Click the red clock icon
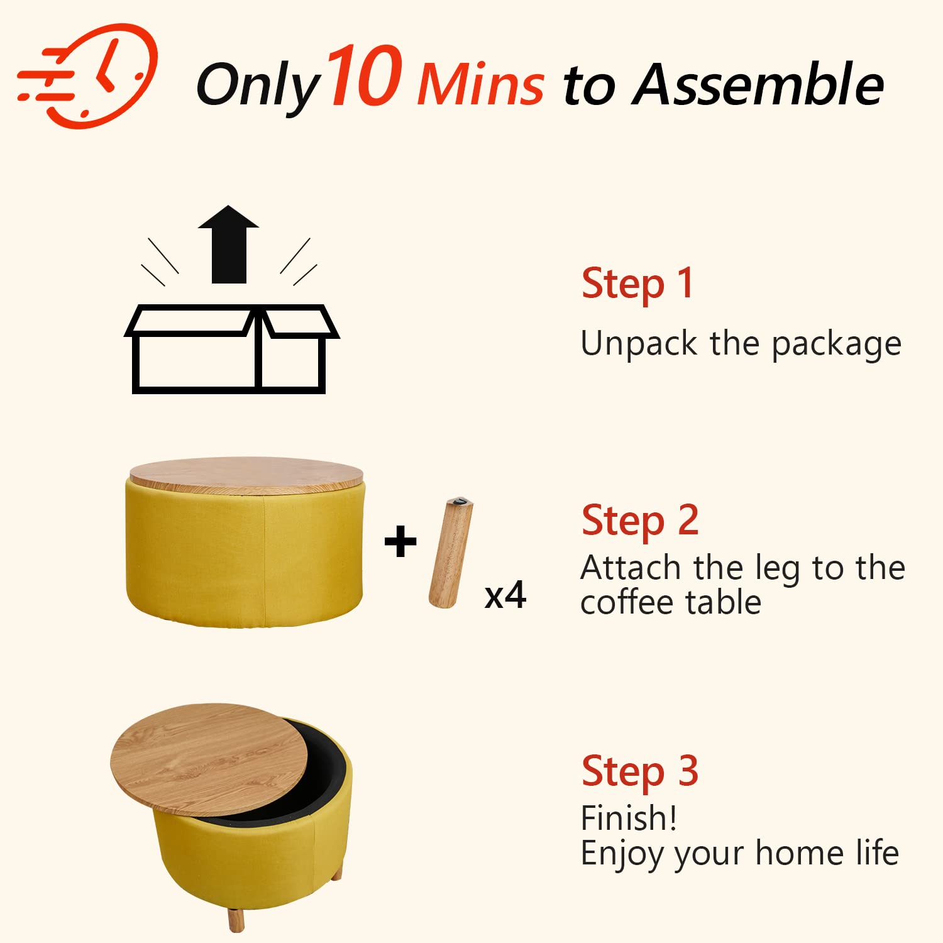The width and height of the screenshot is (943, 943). pyautogui.click(x=88, y=75)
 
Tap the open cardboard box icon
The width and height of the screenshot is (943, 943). pyautogui.click(x=231, y=349)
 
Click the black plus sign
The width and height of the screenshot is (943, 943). pyautogui.click(x=400, y=542)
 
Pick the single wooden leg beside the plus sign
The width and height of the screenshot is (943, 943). pyautogui.click(x=451, y=553)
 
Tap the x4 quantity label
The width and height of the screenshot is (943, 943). pyautogui.click(x=505, y=595)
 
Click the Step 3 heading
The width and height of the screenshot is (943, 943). pyautogui.click(x=640, y=772)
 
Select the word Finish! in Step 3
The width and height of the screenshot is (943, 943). pyautogui.click(x=629, y=818)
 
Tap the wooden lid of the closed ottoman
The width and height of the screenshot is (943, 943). pyautogui.click(x=246, y=475)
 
